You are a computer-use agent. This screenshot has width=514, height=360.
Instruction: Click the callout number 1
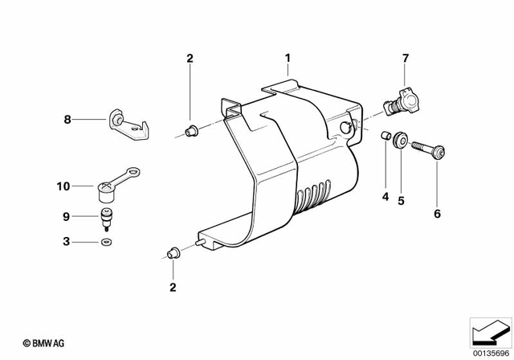288,58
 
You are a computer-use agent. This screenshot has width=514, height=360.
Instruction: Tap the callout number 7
406,58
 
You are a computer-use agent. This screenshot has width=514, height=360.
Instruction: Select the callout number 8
68,120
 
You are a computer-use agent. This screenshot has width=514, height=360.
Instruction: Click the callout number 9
68,215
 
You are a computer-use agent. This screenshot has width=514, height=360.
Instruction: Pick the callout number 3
68,241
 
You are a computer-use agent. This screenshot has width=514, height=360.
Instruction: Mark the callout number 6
437,214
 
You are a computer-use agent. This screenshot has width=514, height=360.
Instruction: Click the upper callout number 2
190,58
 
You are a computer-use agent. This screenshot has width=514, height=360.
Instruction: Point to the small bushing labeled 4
385,136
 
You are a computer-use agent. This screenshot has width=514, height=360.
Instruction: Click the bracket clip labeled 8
129,124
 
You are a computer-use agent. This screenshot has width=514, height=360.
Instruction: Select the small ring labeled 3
107,242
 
